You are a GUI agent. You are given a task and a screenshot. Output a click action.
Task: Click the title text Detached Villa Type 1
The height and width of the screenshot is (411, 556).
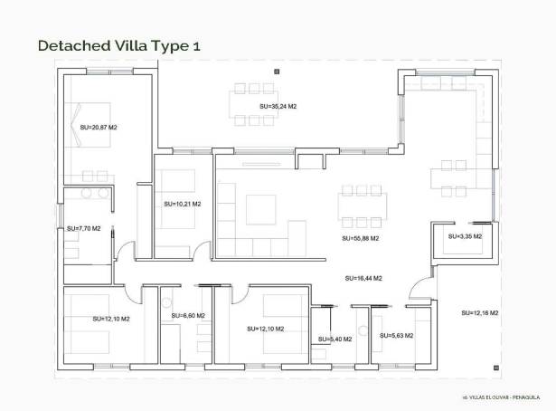[x=119, y=46]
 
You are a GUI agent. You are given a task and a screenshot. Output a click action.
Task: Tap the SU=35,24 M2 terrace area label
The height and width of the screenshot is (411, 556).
[x=278, y=107]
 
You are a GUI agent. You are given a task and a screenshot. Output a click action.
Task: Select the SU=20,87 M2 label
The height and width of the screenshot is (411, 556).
[x=99, y=128]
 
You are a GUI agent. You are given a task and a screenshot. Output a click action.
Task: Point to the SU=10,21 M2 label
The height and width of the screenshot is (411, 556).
[x=183, y=204]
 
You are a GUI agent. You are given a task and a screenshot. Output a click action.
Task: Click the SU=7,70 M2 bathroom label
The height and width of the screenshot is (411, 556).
[x=84, y=228]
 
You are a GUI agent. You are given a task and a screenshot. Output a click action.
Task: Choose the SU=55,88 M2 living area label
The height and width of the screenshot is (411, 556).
[x=360, y=238]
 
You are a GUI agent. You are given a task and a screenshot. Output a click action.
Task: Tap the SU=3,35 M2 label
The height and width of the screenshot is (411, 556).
[x=465, y=236]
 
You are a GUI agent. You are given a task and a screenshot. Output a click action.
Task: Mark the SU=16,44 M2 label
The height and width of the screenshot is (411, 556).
[x=363, y=279]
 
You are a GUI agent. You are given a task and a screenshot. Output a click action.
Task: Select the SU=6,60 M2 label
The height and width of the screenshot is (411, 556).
[x=188, y=316]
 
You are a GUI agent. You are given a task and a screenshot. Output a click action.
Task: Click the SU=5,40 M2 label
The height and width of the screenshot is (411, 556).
[x=335, y=339]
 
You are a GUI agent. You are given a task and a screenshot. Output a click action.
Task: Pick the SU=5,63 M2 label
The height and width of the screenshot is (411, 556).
[x=397, y=336]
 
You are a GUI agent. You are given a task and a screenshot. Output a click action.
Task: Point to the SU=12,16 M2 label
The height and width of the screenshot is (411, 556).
[x=480, y=313]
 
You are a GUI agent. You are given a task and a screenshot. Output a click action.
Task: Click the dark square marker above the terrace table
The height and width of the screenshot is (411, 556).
[x=277, y=72]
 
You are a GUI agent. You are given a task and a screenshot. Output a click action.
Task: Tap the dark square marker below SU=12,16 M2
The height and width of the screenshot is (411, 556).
[x=496, y=368]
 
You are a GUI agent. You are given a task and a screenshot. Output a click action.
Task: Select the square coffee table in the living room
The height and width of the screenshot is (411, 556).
[x=261, y=209]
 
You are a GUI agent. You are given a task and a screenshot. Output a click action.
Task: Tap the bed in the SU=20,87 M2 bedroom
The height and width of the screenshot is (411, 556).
[x=91, y=125]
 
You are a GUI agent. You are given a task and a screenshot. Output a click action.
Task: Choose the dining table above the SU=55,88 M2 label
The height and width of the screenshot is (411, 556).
[x=362, y=206]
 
